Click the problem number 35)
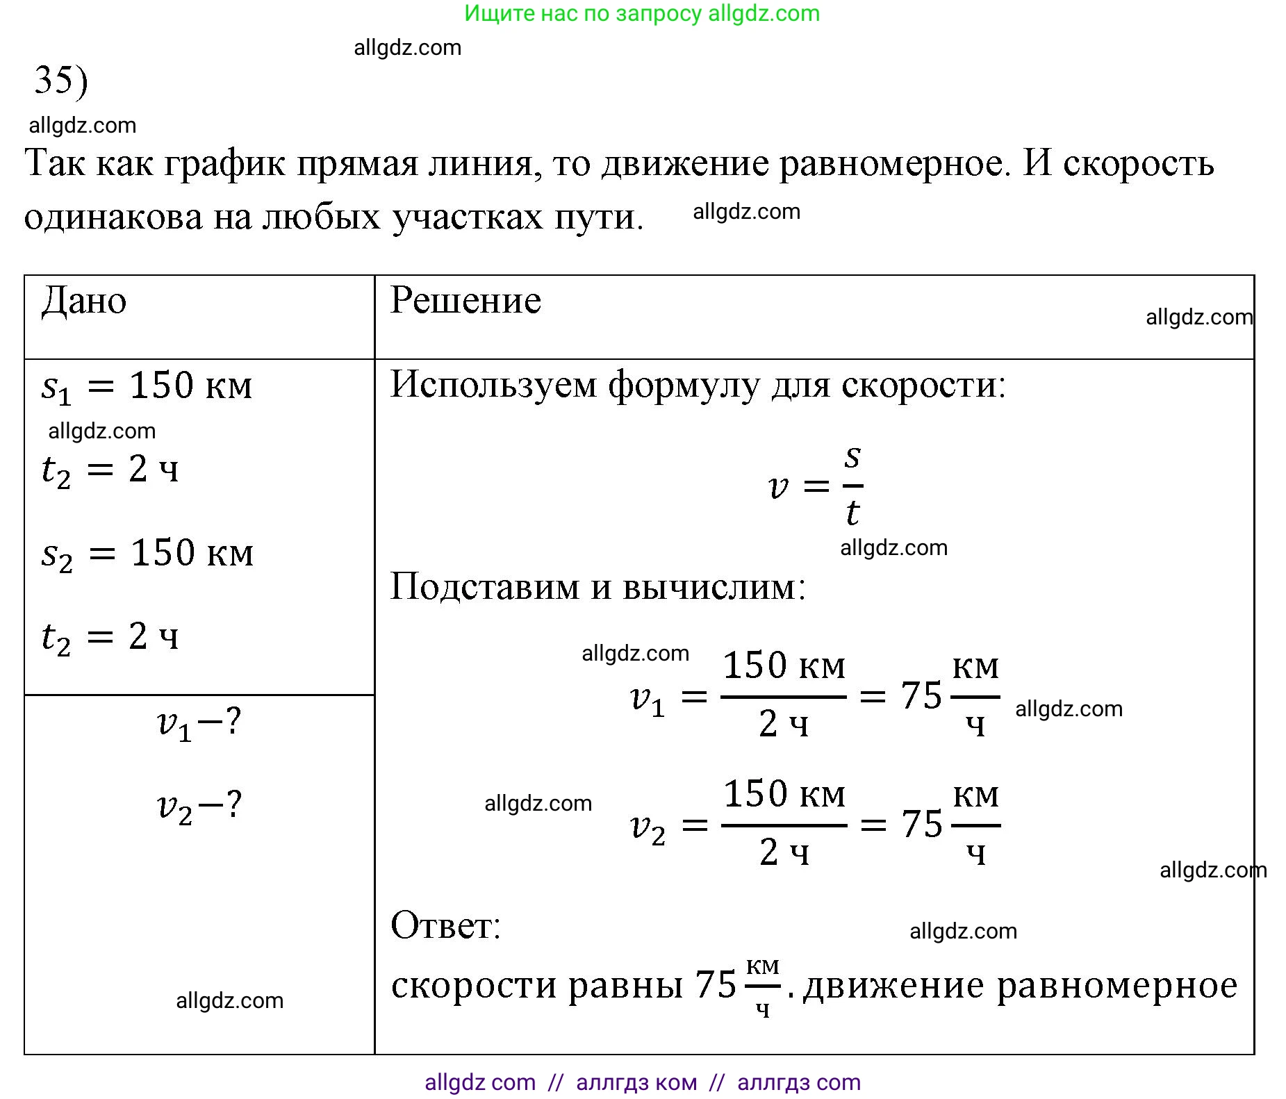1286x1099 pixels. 61,80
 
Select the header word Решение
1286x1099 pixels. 465,301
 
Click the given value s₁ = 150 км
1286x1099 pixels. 147,387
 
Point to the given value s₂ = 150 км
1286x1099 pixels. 147,554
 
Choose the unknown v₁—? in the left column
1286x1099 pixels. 199,724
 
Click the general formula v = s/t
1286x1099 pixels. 816,486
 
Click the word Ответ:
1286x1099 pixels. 445,926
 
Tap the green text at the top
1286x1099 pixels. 642,13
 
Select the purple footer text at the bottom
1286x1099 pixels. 642,1082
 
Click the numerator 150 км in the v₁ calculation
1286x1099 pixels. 784,666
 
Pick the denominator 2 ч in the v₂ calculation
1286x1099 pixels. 784,852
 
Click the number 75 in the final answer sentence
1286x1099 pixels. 716,985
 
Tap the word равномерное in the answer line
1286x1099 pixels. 1117,985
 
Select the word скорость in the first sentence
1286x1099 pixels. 1138,165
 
